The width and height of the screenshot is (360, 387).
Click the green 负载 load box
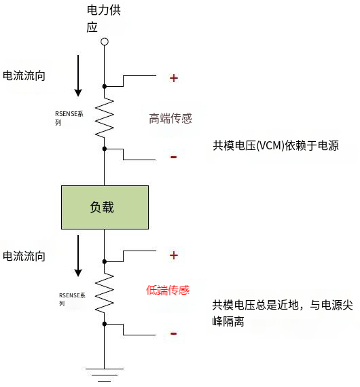[x=105, y=207]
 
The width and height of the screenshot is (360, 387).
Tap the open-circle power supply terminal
[x=105, y=42]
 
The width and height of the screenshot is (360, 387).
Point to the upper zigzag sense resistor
[x=105, y=117]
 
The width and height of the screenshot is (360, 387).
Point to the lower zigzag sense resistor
[x=105, y=293]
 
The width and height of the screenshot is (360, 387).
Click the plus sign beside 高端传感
[x=174, y=78]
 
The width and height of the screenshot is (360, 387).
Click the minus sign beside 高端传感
[x=174, y=158]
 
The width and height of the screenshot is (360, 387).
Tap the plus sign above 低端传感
[x=174, y=255]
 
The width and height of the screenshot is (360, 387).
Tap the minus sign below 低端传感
[x=174, y=333]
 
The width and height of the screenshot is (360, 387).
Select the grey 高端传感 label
[x=170, y=119]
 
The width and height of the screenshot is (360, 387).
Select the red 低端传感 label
[x=168, y=290]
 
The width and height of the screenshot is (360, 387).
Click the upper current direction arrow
[x=78, y=75]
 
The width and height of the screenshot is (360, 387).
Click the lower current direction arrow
[x=78, y=255]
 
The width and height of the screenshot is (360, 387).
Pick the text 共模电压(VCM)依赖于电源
[x=276, y=146]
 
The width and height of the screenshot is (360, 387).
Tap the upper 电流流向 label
[x=24, y=75]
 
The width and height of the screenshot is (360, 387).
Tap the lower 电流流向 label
[x=24, y=256]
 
